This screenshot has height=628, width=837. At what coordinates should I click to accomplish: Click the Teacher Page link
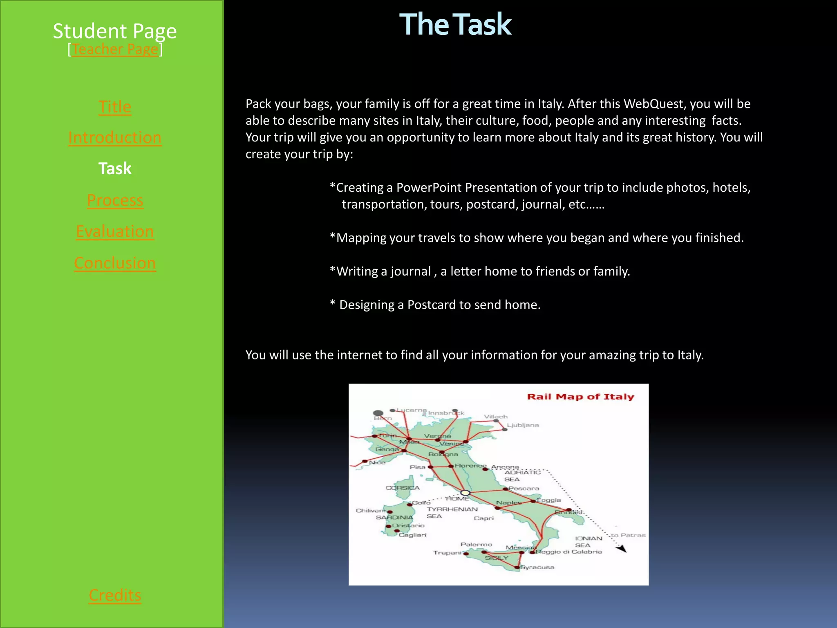point(115,49)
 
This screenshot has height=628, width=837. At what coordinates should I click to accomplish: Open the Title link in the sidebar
point(115,107)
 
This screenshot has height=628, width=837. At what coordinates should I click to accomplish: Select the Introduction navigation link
point(115,138)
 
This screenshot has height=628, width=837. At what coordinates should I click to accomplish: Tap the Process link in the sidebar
point(115,200)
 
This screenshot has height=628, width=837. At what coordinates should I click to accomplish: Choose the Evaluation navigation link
point(115,231)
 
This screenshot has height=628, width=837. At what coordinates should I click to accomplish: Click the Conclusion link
point(115,263)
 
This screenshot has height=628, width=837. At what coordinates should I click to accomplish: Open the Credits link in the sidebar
point(115,595)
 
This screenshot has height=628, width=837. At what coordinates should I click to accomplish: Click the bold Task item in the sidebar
point(115,168)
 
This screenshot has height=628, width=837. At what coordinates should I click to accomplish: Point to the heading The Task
point(455,25)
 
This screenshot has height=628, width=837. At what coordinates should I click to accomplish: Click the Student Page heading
point(115,31)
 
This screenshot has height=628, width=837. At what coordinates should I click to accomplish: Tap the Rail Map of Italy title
point(580,397)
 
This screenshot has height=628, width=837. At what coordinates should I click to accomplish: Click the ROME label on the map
point(457,499)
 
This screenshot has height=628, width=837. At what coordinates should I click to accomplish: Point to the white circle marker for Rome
point(465,493)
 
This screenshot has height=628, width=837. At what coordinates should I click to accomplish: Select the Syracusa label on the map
point(537,567)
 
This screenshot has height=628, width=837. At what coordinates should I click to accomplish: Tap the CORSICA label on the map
point(403,488)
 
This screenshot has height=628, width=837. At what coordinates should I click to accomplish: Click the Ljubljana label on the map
point(523,425)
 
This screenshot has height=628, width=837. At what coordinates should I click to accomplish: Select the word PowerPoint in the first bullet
point(429,188)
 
